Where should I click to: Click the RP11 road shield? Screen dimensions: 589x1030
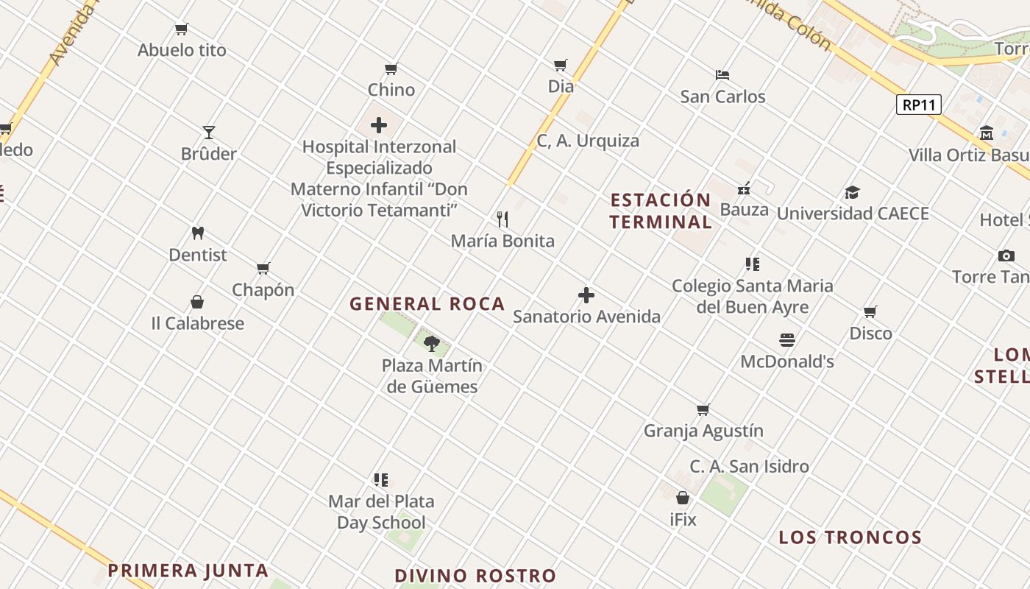[919, 105]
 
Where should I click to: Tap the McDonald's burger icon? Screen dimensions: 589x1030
[787, 340]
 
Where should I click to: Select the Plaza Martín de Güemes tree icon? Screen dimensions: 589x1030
[432, 343]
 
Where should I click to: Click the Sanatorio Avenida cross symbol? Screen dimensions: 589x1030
[586, 295]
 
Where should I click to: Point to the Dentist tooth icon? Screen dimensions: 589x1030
[197, 233]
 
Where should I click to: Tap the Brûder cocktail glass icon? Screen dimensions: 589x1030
[209, 133]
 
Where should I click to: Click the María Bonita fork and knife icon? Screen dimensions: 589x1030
[502, 219]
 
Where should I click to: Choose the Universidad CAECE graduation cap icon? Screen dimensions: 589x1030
[852, 192]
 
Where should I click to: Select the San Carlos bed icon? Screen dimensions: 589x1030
[722, 75]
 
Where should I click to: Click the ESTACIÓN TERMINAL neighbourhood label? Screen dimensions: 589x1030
[660, 211]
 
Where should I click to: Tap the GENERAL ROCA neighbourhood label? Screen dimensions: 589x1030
[427, 303]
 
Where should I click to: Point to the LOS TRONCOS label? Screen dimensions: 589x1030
[850, 537]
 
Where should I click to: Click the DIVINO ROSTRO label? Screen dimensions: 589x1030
[475, 576]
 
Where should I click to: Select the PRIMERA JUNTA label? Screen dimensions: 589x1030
[188, 570]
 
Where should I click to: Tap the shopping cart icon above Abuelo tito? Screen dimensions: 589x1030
[181, 29]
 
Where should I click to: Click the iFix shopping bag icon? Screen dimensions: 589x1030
[683, 498]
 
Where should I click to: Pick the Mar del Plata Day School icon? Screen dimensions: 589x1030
[380, 480]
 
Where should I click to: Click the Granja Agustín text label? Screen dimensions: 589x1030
[703, 431]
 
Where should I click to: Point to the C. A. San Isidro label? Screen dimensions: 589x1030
[749, 466]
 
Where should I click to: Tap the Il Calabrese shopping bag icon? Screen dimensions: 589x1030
[197, 302]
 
